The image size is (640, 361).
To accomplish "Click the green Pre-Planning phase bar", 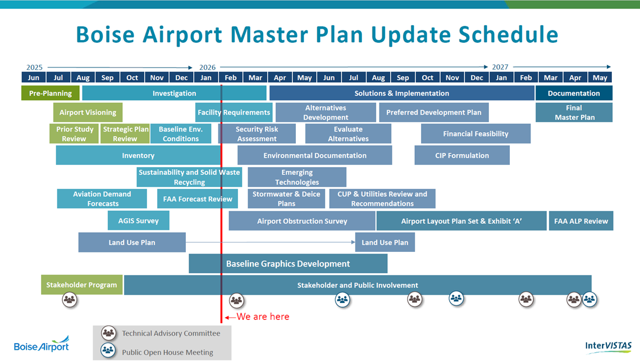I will (x=51, y=93).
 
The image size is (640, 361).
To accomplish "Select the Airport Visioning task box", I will (x=88, y=112).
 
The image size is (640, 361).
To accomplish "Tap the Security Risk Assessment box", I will (x=257, y=134).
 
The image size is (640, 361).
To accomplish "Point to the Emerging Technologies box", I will (x=297, y=177).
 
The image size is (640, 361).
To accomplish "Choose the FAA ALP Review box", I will (x=580, y=221).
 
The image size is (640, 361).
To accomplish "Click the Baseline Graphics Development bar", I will (x=287, y=264).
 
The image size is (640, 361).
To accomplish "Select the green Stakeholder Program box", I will (x=81, y=285).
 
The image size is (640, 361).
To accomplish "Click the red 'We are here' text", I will (x=263, y=317).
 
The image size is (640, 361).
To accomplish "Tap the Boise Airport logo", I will (x=42, y=345).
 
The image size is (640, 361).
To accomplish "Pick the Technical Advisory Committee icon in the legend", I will (x=108, y=333).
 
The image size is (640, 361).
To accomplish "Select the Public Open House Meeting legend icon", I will (x=108, y=351).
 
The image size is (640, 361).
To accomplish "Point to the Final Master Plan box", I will (x=574, y=112).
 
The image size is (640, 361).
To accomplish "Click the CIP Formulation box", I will (x=461, y=156).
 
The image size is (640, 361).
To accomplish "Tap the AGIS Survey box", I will (x=138, y=221).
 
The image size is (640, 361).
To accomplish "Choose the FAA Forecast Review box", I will (x=198, y=199).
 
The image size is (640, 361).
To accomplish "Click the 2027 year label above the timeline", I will (x=500, y=67).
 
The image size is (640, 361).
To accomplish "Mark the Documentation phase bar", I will (x=574, y=93).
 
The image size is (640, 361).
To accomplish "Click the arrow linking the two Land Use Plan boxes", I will (x=269, y=242).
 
